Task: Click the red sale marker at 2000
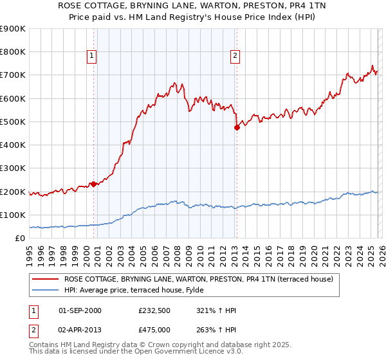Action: pos(93,184)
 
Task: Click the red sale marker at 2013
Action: pos(237,127)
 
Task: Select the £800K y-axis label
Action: pos(13,52)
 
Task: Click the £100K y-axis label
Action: pos(13,215)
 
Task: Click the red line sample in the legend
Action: pos(46,279)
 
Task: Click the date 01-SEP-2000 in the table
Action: pos(80,310)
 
